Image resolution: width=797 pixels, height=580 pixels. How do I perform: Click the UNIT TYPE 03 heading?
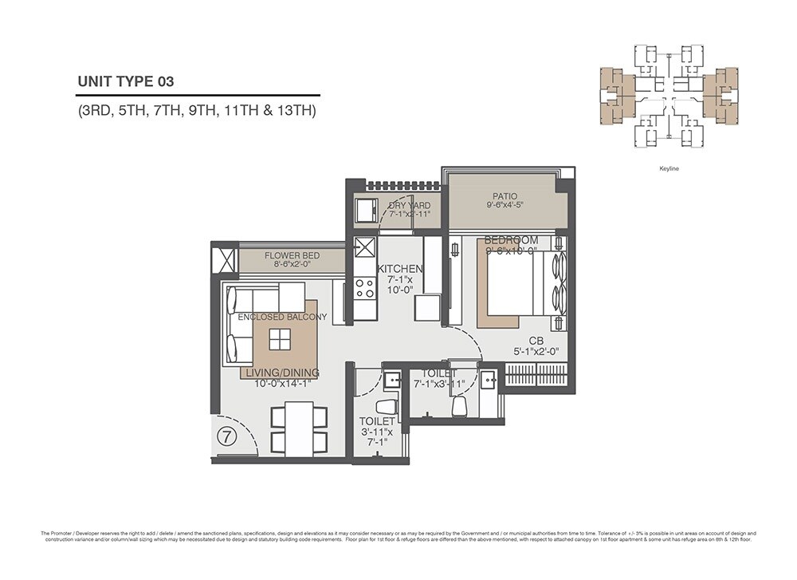tap(125, 81)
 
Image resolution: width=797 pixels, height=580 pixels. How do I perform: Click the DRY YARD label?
tap(409, 206)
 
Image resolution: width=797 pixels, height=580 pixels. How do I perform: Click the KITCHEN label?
tap(399, 269)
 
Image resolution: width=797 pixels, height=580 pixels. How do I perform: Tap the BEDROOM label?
tap(511, 240)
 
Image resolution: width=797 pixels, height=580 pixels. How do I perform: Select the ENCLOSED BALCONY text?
tap(282, 318)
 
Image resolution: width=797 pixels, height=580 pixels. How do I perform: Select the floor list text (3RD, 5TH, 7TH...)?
tap(197, 111)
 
